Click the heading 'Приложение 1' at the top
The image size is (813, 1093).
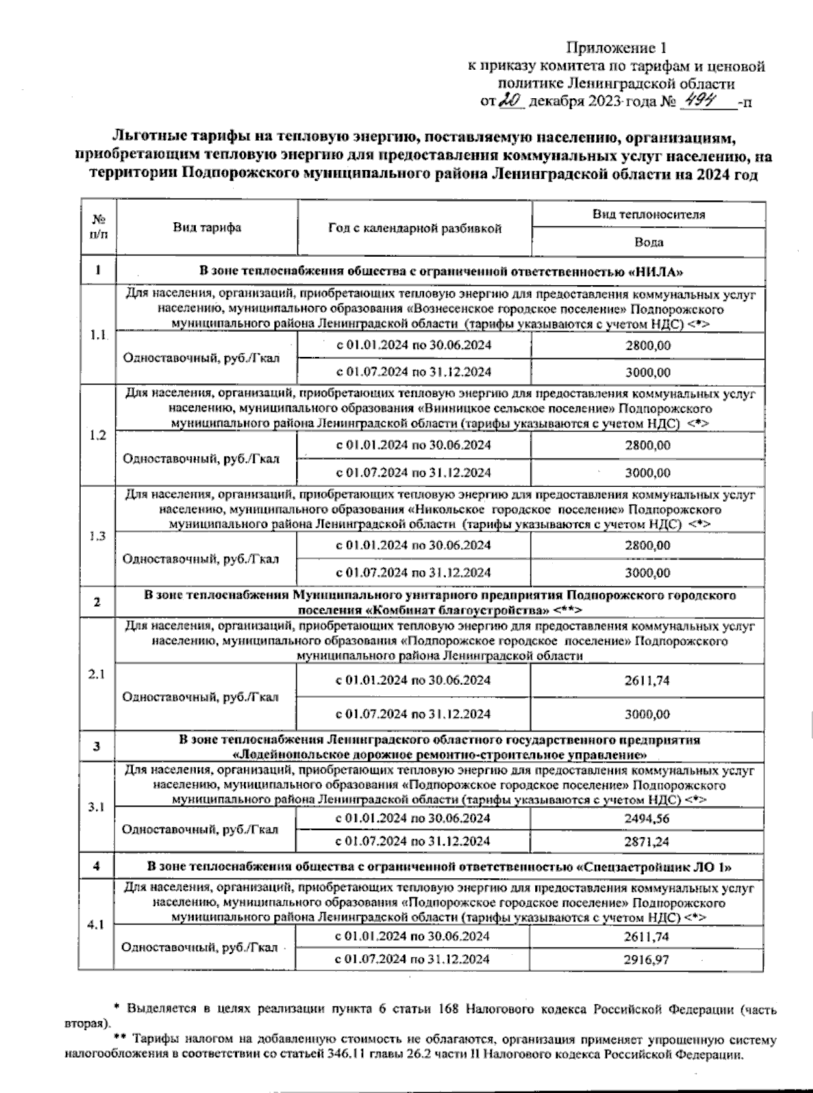(x=617, y=49)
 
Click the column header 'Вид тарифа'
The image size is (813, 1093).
(x=207, y=228)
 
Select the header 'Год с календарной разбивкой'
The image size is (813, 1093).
(x=415, y=228)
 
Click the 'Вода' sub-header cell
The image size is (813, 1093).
(x=648, y=242)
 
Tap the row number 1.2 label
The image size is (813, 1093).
(x=98, y=435)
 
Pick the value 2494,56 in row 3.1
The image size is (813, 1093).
(x=648, y=818)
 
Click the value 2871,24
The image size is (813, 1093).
(x=648, y=842)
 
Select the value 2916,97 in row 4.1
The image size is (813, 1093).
(x=648, y=960)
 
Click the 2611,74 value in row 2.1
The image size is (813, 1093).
(x=648, y=681)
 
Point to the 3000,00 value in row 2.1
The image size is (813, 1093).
(x=648, y=714)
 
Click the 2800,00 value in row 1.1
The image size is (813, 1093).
(x=648, y=345)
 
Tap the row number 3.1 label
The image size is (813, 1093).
(x=97, y=808)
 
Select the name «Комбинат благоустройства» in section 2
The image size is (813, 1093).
(x=456, y=609)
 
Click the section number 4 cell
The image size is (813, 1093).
(x=97, y=867)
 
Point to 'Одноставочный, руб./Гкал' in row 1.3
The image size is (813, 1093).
(x=201, y=559)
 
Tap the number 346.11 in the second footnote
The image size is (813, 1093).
(x=394, y=1054)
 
